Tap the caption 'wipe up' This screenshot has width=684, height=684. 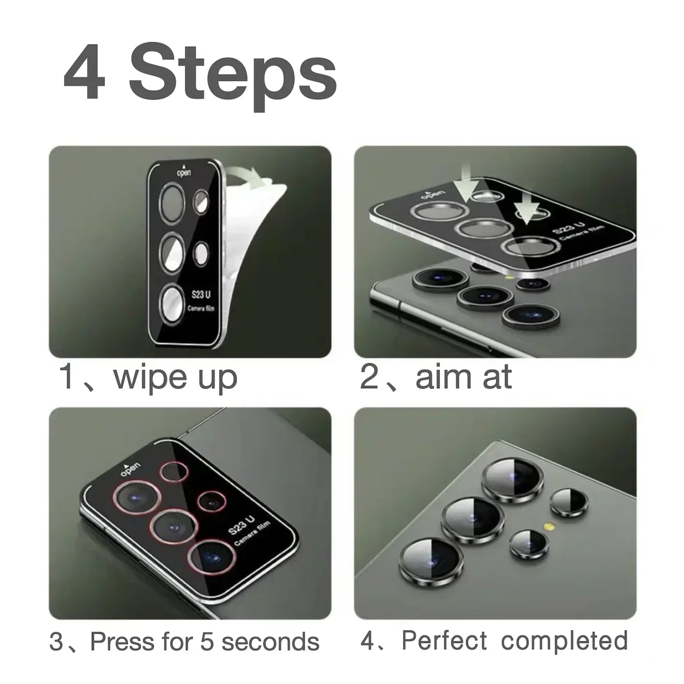pos(175,377)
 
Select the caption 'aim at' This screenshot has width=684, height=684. pos(463,377)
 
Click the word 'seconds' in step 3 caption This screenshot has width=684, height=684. pos(270,641)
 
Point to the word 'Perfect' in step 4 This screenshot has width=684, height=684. pos(445,640)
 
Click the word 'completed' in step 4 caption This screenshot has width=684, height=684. pos(564,640)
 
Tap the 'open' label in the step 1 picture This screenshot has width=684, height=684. pos(184,171)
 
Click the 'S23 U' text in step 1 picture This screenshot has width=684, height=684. pos(201,295)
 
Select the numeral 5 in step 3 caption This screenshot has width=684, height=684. pos(206,641)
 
